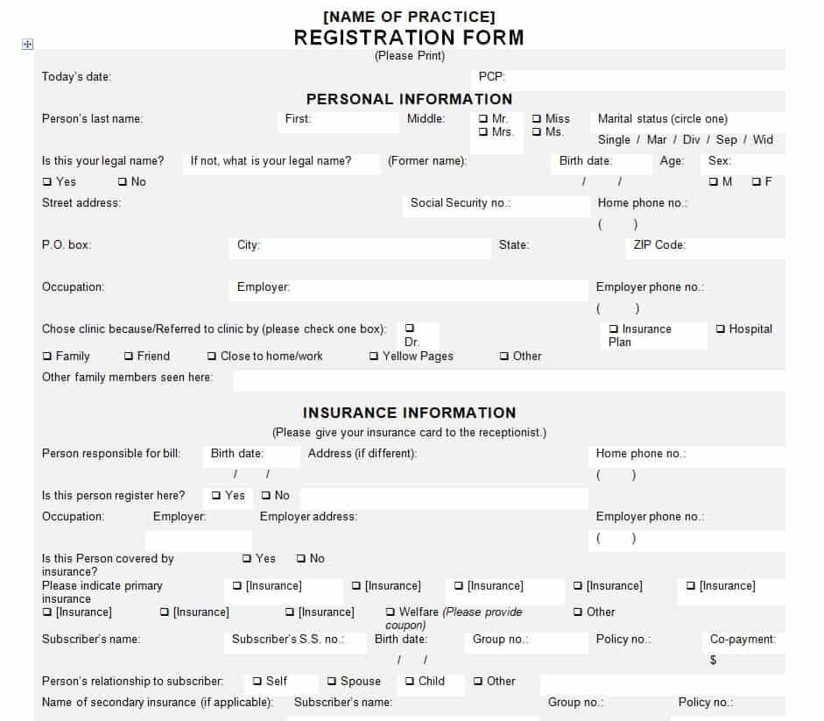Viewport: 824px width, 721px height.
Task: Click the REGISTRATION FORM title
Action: pyautogui.click(x=409, y=38)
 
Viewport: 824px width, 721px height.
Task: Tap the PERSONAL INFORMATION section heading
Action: pyautogui.click(x=409, y=99)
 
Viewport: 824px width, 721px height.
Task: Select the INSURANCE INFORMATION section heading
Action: pyautogui.click(x=409, y=413)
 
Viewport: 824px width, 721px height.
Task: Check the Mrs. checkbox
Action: pyautogui.click(x=483, y=132)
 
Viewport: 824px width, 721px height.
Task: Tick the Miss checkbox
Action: pyautogui.click(x=537, y=119)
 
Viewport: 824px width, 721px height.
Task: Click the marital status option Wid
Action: pyautogui.click(x=763, y=139)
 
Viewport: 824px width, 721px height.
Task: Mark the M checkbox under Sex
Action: pyautogui.click(x=714, y=182)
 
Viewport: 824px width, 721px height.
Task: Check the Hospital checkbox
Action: pyautogui.click(x=721, y=329)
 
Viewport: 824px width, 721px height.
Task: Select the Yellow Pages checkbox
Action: pyautogui.click(x=374, y=357)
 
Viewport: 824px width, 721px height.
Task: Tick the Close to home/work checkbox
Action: pyautogui.click(x=212, y=357)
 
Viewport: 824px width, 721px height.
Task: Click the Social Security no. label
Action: pyautogui.click(x=461, y=203)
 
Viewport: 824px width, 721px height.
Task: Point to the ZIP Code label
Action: pyautogui.click(x=659, y=245)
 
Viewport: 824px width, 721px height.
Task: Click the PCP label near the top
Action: pyautogui.click(x=492, y=77)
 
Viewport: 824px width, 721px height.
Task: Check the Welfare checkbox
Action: pyautogui.click(x=391, y=612)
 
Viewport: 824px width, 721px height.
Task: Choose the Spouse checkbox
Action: pyautogui.click(x=333, y=682)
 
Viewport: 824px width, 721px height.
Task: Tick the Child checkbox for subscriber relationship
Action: pyautogui.click(x=410, y=682)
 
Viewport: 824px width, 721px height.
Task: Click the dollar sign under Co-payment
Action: pyautogui.click(x=714, y=660)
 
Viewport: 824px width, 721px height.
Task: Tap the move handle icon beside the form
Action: pyautogui.click(x=27, y=45)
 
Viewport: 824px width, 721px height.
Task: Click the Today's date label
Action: pyautogui.click(x=76, y=77)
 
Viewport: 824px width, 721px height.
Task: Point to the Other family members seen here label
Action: pyautogui.click(x=127, y=378)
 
